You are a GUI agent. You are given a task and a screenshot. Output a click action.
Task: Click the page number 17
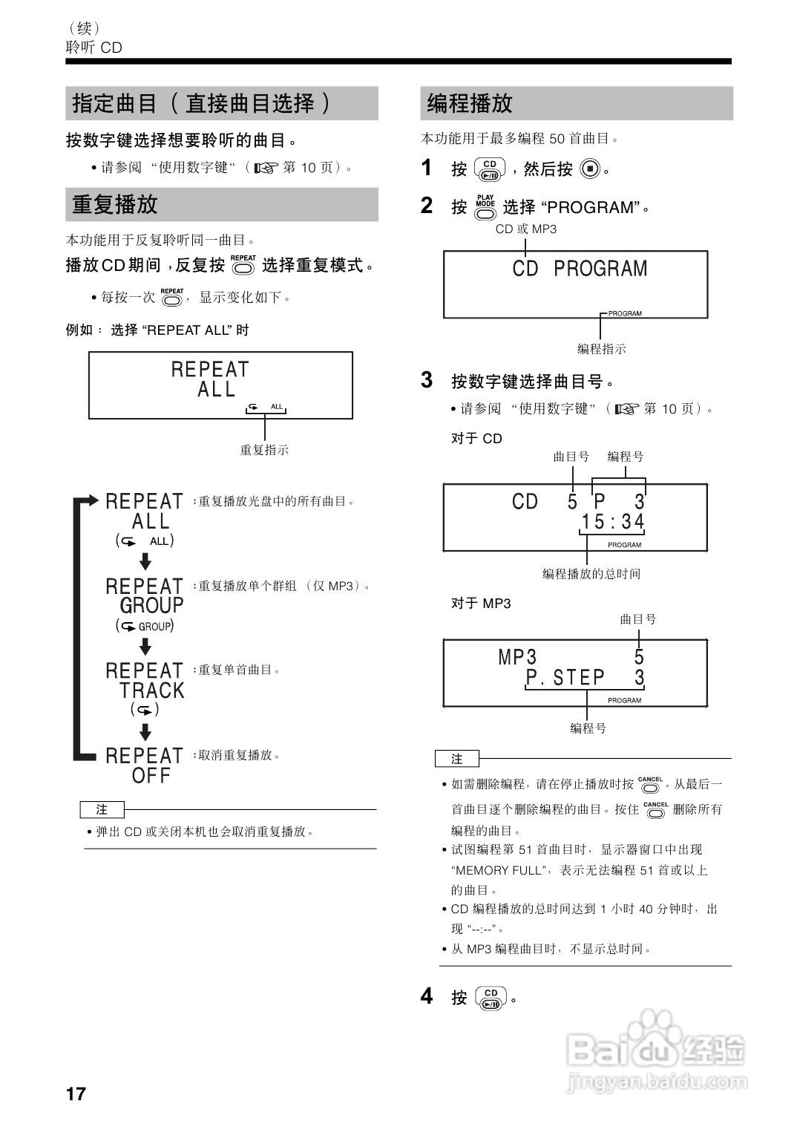[76, 1094]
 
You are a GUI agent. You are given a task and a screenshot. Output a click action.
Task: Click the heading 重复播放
[115, 204]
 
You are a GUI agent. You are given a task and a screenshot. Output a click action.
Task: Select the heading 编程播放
[470, 103]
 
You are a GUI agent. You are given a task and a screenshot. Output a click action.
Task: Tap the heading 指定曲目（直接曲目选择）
[202, 103]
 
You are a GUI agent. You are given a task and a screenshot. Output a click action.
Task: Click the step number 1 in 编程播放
[427, 168]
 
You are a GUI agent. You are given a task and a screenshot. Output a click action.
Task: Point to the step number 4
[427, 996]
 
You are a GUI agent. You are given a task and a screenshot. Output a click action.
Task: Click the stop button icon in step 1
[589, 169]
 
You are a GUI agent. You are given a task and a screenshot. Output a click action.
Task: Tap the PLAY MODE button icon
[485, 208]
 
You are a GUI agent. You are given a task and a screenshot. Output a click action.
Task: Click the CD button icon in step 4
[491, 999]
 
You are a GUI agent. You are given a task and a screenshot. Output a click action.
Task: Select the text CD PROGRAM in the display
[580, 269]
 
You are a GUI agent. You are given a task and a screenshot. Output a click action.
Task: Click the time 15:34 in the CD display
[612, 522]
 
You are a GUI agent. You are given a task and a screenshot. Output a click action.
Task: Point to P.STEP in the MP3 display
[565, 677]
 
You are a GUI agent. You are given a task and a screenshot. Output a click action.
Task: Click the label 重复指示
[264, 450]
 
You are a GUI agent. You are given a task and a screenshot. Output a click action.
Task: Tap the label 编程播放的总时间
[591, 574]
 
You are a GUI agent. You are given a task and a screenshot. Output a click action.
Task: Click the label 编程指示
[601, 349]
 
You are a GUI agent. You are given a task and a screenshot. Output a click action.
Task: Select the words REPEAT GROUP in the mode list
[145, 596]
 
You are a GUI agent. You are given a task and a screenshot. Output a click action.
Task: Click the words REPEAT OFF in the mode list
[145, 765]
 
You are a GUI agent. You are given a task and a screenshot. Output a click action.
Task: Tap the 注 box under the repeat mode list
[102, 809]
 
